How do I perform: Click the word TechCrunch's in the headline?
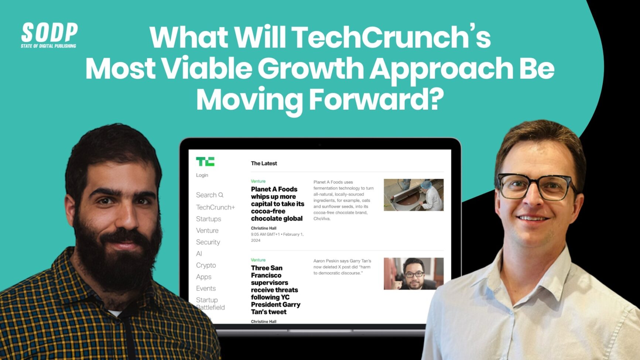point(392,37)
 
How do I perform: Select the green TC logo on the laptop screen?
point(205,161)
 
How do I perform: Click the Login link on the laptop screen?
point(202,175)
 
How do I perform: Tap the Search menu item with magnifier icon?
point(209,195)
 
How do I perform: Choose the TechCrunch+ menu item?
point(215,207)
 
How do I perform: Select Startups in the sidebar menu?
point(208,219)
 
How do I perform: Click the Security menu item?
point(208,242)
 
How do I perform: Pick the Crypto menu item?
point(206,265)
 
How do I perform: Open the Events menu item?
point(206,288)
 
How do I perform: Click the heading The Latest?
point(264,163)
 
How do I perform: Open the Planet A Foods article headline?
point(277,204)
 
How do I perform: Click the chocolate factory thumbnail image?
point(413,195)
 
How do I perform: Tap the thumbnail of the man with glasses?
point(413,274)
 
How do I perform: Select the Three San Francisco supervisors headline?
point(275,290)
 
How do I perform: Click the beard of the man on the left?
point(118,258)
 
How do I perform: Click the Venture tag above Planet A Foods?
point(258,181)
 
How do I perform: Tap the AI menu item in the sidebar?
point(199,254)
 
